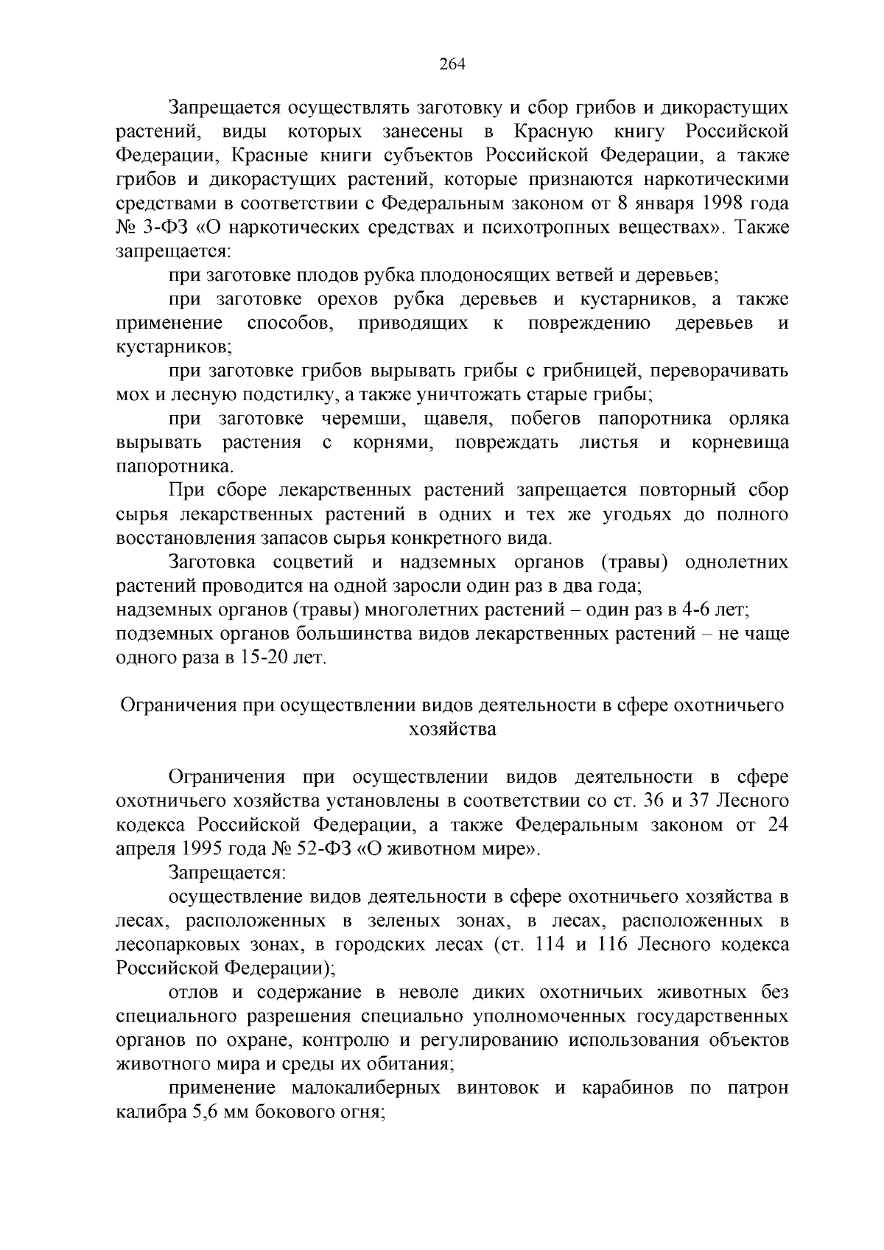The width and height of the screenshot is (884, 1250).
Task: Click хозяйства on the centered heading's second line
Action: (452, 730)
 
